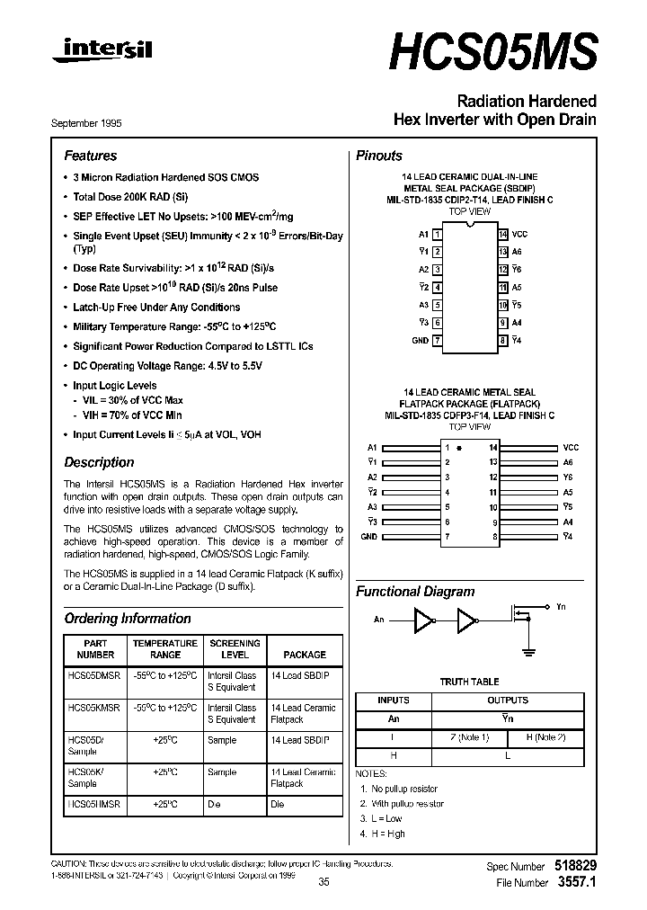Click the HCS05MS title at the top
[492, 55]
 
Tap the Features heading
[90, 156]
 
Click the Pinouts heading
[379, 156]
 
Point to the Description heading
[99, 462]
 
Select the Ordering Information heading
[128, 619]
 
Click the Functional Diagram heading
[415, 592]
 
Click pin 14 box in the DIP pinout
[503, 234]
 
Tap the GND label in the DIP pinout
[420, 341]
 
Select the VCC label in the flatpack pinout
[571, 447]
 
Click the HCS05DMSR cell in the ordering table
[93, 675]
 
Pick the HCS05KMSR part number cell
[93, 708]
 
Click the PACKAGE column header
[304, 655]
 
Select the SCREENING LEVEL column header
[235, 649]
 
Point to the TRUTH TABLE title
[469, 682]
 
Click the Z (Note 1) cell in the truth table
[470, 738]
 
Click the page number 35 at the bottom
[323, 883]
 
